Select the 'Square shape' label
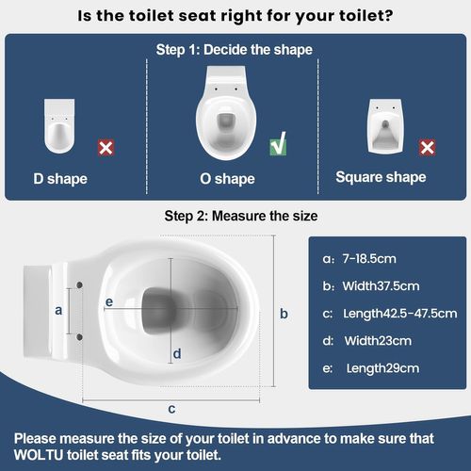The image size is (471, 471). click(x=382, y=177)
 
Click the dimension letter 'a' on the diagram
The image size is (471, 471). click(x=57, y=309)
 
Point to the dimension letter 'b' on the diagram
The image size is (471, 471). click(x=284, y=314)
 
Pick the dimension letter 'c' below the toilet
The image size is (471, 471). click(x=171, y=408)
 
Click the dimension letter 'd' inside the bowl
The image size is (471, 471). click(x=176, y=353)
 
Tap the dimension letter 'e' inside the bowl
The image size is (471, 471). click(x=109, y=301)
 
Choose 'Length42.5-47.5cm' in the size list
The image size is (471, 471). click(x=396, y=313)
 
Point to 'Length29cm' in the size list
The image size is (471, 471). click(x=383, y=367)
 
